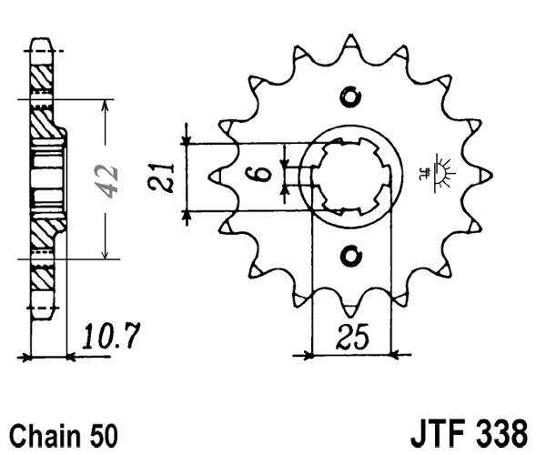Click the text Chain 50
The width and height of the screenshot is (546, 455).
point(63,431)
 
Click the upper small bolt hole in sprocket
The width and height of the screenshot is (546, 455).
point(351,97)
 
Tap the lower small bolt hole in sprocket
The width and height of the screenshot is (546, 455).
point(351,256)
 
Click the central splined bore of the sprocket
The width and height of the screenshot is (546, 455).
point(351,176)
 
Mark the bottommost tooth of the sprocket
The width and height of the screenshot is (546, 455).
point(351,308)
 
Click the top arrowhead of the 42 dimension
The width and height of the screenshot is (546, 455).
point(107,104)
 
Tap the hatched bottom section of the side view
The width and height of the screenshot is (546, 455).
point(41,237)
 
